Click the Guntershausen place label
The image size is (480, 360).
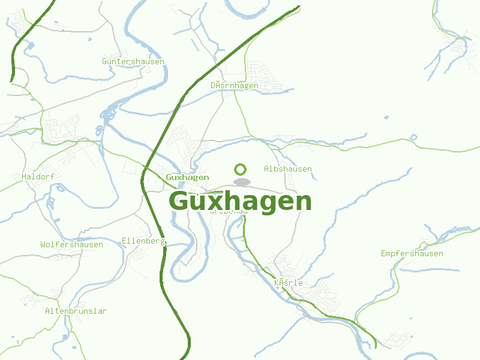(133, 62)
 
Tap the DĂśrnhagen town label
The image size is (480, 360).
(235, 86)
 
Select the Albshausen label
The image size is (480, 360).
(288, 169)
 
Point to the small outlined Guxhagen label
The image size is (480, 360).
(187, 177)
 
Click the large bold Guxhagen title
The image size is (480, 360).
(240, 201)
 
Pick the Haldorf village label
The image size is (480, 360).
(38, 177)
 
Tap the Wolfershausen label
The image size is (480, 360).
(71, 245)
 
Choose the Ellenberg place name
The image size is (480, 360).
(143, 241)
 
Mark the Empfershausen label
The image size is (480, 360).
(412, 254)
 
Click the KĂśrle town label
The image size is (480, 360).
(288, 283)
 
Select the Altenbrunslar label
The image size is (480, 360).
(76, 311)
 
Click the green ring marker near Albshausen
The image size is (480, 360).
(241, 169)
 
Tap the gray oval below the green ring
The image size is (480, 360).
(242, 182)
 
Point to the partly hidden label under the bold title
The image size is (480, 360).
(228, 212)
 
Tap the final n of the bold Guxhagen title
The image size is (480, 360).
(302, 203)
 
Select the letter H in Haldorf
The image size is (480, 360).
(24, 177)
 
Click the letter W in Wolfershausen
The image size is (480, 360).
(43, 245)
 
